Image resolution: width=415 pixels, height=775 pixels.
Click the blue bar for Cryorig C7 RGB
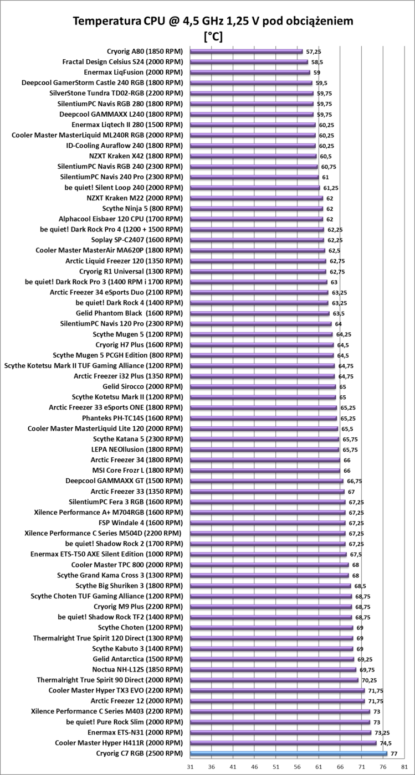[x=288, y=753]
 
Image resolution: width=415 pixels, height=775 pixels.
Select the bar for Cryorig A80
[x=246, y=51]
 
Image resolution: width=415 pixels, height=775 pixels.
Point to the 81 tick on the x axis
[x=404, y=766]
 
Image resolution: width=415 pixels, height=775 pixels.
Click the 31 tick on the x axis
[x=190, y=766]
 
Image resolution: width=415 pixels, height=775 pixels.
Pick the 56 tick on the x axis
[x=297, y=766]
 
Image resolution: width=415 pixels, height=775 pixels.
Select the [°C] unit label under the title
[x=213, y=37]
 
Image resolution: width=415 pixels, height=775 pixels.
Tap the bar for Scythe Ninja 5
[x=256, y=209]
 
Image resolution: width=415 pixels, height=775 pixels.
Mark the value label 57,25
[x=314, y=51]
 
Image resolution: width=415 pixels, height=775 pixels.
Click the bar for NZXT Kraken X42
[x=253, y=156]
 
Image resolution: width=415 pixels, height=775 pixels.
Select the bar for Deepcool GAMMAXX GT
[x=267, y=481]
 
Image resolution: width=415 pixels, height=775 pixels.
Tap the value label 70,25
[x=369, y=680]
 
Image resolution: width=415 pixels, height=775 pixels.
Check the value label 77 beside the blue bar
[x=394, y=753]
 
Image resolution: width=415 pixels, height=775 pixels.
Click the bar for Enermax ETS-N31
[x=280, y=732]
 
